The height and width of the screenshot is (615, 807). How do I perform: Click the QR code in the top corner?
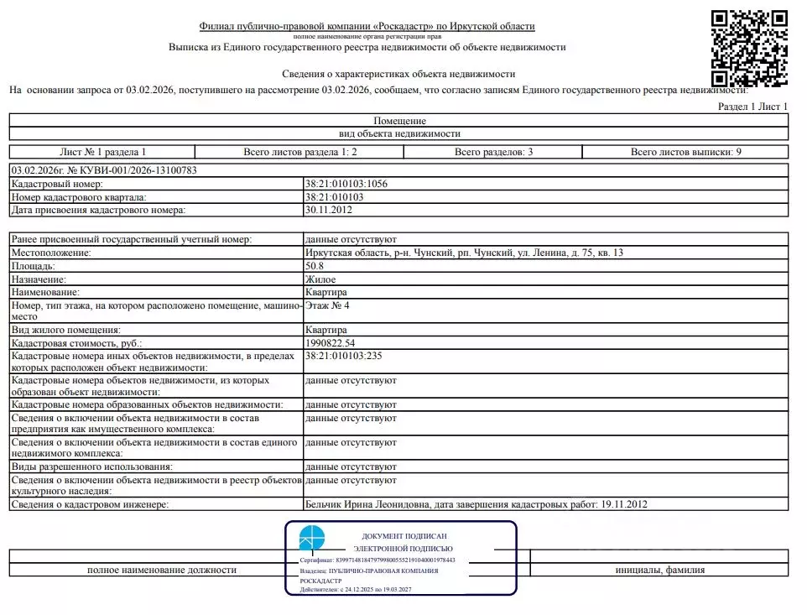[749, 48]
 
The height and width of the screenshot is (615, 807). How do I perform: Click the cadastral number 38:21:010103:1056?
[346, 184]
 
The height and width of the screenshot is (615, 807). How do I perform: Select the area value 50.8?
[315, 266]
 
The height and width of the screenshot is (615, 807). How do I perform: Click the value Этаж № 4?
[327, 305]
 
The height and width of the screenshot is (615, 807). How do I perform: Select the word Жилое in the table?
[320, 279]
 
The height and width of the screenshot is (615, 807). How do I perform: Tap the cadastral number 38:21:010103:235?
[344, 357]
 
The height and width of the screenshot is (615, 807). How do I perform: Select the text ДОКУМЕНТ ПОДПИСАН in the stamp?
[403, 535]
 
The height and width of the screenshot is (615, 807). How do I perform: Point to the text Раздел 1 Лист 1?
[753, 107]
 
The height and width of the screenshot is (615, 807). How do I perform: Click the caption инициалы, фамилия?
[659, 570]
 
